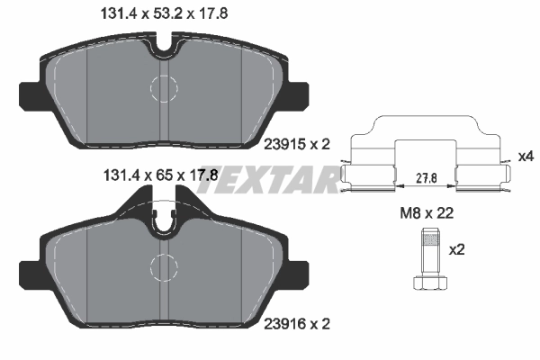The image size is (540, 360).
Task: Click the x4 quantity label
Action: pos(526,157)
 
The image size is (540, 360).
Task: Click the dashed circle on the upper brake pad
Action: pos(165,87)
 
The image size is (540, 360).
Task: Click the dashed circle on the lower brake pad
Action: pos(165,266)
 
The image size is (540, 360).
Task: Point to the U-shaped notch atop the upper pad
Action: pos(165,40)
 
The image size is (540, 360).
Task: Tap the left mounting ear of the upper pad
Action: pos(30,94)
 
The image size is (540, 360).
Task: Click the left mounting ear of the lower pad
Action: pos(30,272)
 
